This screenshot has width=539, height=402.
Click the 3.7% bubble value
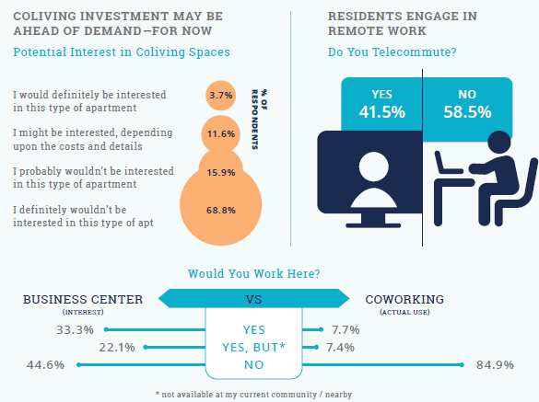coord(221,96)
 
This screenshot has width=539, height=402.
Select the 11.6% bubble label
coord(221,133)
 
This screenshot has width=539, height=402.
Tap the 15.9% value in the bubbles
coord(221,171)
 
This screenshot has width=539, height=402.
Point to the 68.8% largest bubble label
coord(221,210)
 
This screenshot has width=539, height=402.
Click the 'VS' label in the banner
coord(255,300)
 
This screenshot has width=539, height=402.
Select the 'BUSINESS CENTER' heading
coord(82,300)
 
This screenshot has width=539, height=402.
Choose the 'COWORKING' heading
coord(404,300)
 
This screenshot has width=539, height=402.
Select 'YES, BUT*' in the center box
coord(254,347)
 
